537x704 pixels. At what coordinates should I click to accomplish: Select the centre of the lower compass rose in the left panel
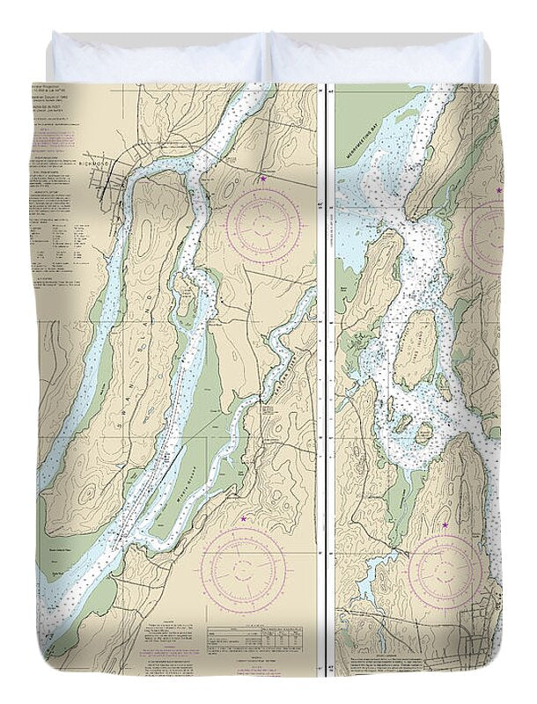tap(243, 564)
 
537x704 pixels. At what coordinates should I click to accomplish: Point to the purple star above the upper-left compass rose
tap(262, 180)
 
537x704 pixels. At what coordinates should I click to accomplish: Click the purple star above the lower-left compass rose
tap(244, 521)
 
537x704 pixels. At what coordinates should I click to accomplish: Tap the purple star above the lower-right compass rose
tap(445, 525)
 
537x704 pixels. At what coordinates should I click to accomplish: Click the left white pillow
tap(158, 59)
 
